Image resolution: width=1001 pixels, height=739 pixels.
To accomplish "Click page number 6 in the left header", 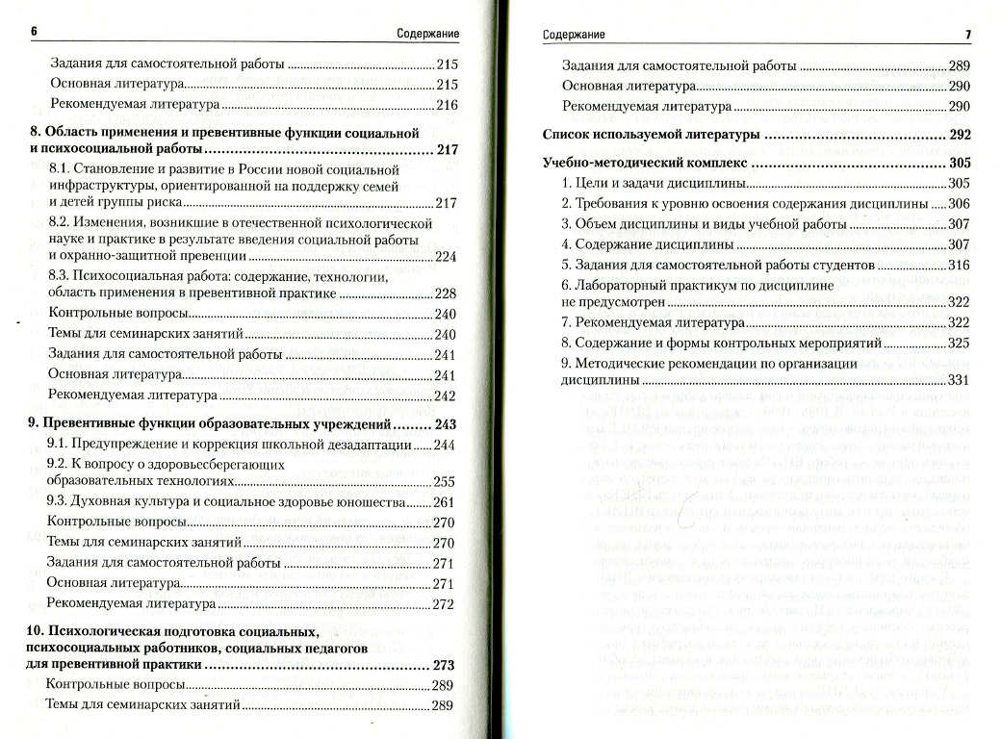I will pyautogui.click(x=34, y=32).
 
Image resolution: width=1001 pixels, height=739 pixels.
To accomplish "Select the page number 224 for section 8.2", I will pyautogui.click(x=445, y=257).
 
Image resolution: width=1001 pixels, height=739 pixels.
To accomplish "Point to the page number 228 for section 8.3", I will pyautogui.click(x=445, y=293).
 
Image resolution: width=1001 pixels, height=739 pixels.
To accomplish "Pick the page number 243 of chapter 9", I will pyautogui.click(x=445, y=424).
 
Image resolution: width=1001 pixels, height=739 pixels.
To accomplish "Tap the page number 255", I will pyautogui.click(x=445, y=482).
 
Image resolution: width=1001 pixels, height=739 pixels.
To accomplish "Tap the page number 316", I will pyautogui.click(x=959, y=265).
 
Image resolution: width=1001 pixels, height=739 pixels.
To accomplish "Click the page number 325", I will pyautogui.click(x=959, y=343).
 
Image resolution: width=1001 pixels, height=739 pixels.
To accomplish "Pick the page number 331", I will pyautogui.click(x=959, y=381).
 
